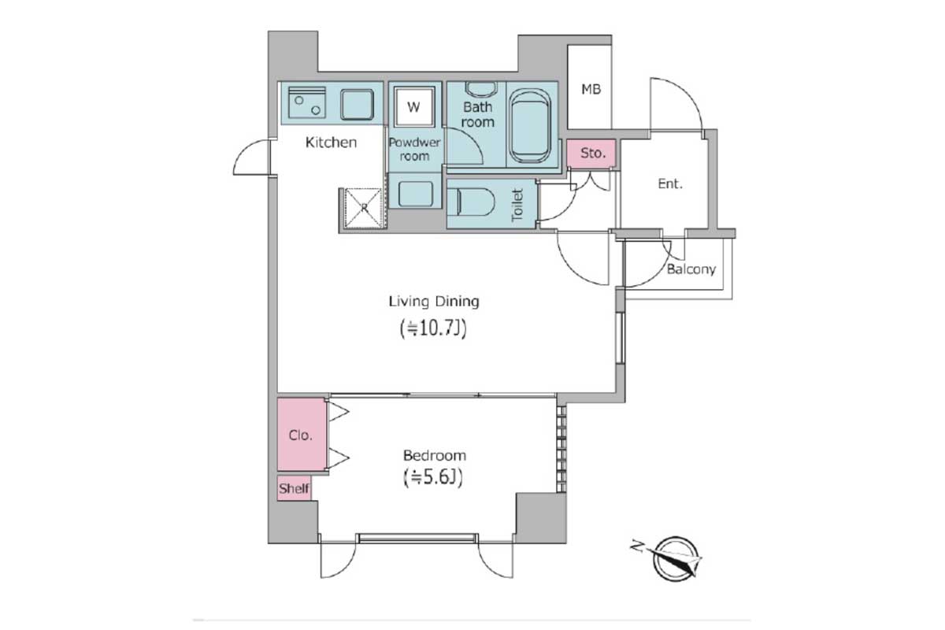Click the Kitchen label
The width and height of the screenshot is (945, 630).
click(332, 143)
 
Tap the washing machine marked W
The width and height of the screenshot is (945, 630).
click(414, 107)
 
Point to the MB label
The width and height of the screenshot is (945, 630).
click(591, 89)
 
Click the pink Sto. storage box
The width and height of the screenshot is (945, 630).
click(591, 153)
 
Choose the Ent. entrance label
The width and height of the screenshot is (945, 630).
click(670, 183)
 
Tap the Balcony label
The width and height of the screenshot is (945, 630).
click(691, 269)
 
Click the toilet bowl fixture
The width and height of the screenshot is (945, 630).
click(471, 202)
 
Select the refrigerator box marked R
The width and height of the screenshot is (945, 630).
click(363, 208)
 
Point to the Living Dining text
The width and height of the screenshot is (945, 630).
click(434, 302)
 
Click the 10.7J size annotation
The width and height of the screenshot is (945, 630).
click(433, 328)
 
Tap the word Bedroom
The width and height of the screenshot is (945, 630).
click(435, 456)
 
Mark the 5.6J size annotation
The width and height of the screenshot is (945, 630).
click(434, 478)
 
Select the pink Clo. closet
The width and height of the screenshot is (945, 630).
click(301, 434)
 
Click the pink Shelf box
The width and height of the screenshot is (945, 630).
click(294, 488)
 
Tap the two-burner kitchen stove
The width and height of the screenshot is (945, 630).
click(307, 102)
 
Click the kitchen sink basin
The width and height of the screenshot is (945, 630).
click(358, 104)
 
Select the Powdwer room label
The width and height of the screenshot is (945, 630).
click(414, 149)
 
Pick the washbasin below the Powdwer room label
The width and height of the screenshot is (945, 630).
click(416, 194)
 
